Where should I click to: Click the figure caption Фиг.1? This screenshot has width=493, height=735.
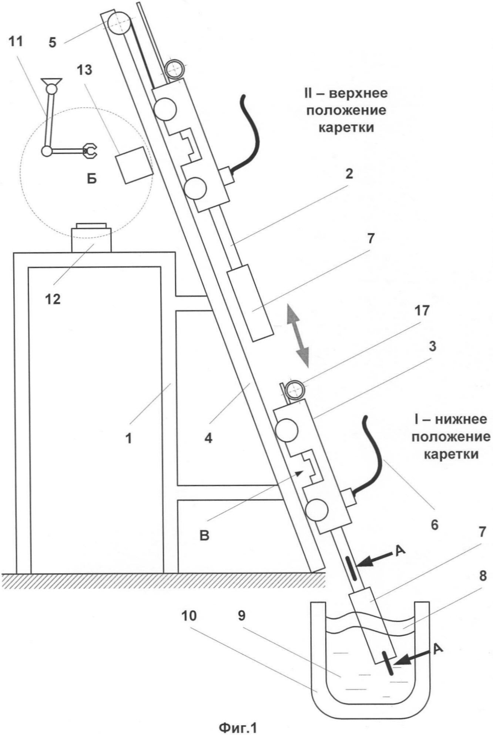(237, 727)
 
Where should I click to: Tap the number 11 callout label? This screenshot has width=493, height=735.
(16, 41)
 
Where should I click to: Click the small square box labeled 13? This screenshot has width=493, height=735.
(134, 165)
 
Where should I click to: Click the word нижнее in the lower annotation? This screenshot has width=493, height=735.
(460, 420)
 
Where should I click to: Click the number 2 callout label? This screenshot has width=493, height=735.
(349, 174)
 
